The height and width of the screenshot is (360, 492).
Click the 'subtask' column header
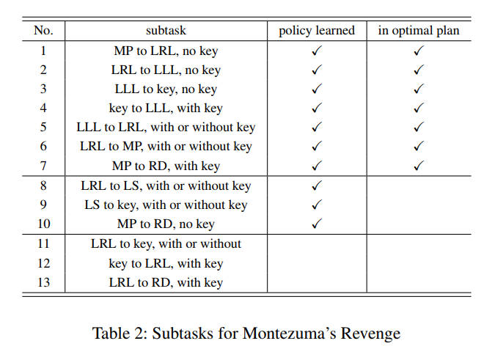pyautogui.click(x=166, y=31)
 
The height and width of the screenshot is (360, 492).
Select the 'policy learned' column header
pyautogui.click(x=317, y=31)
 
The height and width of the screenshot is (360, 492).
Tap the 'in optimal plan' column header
pyautogui.click(x=419, y=31)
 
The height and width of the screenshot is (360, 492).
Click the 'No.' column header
pyautogui.click(x=43, y=31)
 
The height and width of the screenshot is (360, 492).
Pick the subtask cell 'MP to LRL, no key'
pyautogui.click(x=166, y=51)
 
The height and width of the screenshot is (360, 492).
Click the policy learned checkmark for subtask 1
pyautogui.click(x=317, y=50)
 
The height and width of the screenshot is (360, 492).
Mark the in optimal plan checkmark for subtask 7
pyautogui.click(x=419, y=166)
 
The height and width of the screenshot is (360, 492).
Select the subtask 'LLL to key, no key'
pyautogui.click(x=166, y=89)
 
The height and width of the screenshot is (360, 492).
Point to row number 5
pyautogui.click(x=43, y=127)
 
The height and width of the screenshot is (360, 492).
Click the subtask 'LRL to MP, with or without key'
pyautogui.click(x=166, y=147)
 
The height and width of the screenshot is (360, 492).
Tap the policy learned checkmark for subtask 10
pyautogui.click(x=317, y=224)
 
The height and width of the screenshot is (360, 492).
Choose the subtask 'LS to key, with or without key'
pyautogui.click(x=166, y=205)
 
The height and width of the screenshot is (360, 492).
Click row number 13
pyautogui.click(x=43, y=282)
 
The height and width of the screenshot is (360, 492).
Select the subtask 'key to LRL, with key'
pyautogui.click(x=166, y=264)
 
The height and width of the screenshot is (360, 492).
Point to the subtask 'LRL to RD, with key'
pyautogui.click(x=166, y=283)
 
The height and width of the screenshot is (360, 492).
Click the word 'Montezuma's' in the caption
pyautogui.click(x=289, y=333)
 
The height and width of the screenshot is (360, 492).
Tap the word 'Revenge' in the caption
pyautogui.click(x=370, y=334)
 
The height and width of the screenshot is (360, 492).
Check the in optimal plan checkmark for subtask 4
pyautogui.click(x=419, y=108)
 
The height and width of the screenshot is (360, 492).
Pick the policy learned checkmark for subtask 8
pyautogui.click(x=317, y=185)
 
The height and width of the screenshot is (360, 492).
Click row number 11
pyautogui.click(x=43, y=244)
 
